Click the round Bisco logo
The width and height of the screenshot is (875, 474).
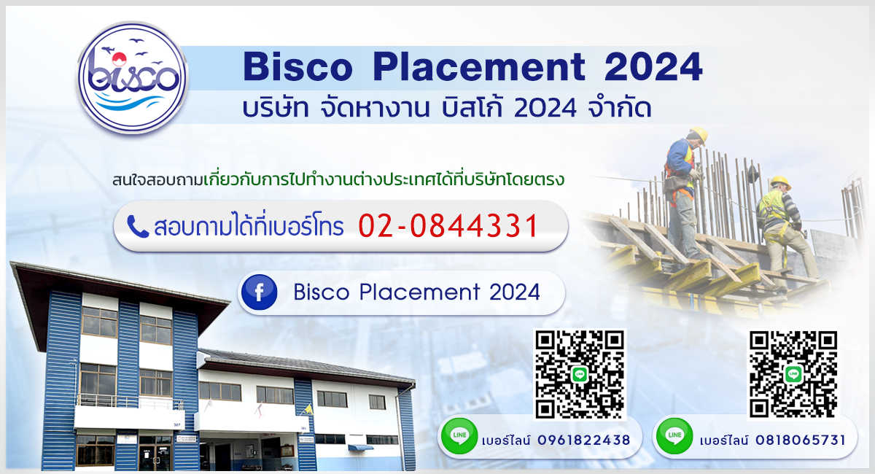point(133,78)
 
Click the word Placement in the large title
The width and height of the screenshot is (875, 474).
point(479,67)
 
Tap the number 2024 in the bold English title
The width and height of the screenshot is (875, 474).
point(653,67)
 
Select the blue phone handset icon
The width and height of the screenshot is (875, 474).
point(138,227)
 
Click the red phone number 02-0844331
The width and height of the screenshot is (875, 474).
point(449,226)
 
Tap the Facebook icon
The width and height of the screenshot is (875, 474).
point(259,292)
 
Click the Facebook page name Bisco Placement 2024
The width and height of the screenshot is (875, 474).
point(417,292)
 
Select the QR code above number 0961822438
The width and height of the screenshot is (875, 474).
point(580,374)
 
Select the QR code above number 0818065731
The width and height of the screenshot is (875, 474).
point(793,375)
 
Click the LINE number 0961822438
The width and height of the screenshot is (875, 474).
point(584,440)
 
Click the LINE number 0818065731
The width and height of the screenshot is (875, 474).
point(801,440)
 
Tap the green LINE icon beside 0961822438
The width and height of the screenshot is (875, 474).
point(459,436)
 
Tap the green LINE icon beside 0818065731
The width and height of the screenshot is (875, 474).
point(674,436)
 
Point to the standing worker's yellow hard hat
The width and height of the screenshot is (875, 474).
point(699,134)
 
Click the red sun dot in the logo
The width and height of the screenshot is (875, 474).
point(119,59)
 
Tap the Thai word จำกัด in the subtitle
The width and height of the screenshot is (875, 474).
point(620,107)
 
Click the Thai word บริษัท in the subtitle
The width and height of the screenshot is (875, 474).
point(276,108)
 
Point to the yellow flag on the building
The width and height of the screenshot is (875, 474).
point(308,409)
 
